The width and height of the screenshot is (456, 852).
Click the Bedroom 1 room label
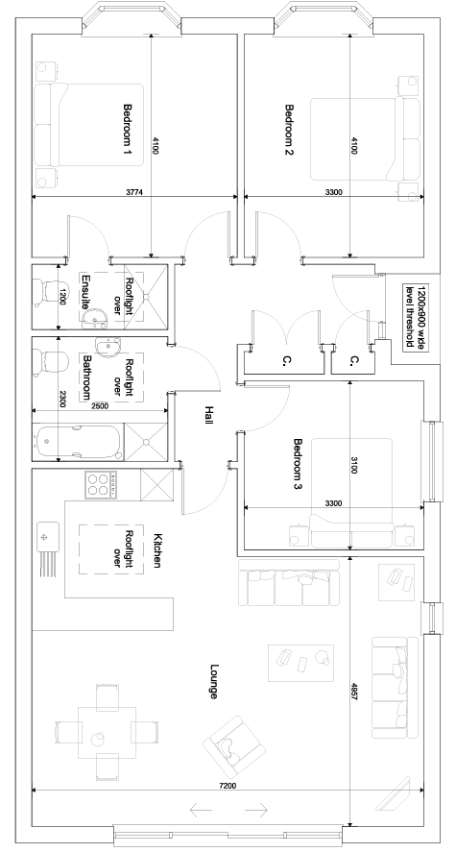(x=128, y=130)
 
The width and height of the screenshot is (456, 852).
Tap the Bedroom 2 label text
(x=289, y=130)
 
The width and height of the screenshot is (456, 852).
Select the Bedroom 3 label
(x=298, y=465)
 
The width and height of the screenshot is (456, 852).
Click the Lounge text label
(x=214, y=681)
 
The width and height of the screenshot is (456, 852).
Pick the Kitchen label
(x=157, y=550)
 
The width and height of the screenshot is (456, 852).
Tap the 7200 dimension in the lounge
(x=228, y=785)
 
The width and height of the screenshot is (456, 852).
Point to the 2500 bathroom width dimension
(x=100, y=405)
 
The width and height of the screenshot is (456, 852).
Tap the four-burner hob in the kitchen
(x=101, y=483)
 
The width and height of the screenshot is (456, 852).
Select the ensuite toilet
(x=46, y=292)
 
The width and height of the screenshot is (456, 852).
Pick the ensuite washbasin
(x=96, y=318)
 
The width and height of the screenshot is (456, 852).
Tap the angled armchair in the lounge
(x=234, y=746)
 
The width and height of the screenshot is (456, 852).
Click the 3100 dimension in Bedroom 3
(x=354, y=466)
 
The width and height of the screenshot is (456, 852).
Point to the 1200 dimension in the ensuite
(x=63, y=297)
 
